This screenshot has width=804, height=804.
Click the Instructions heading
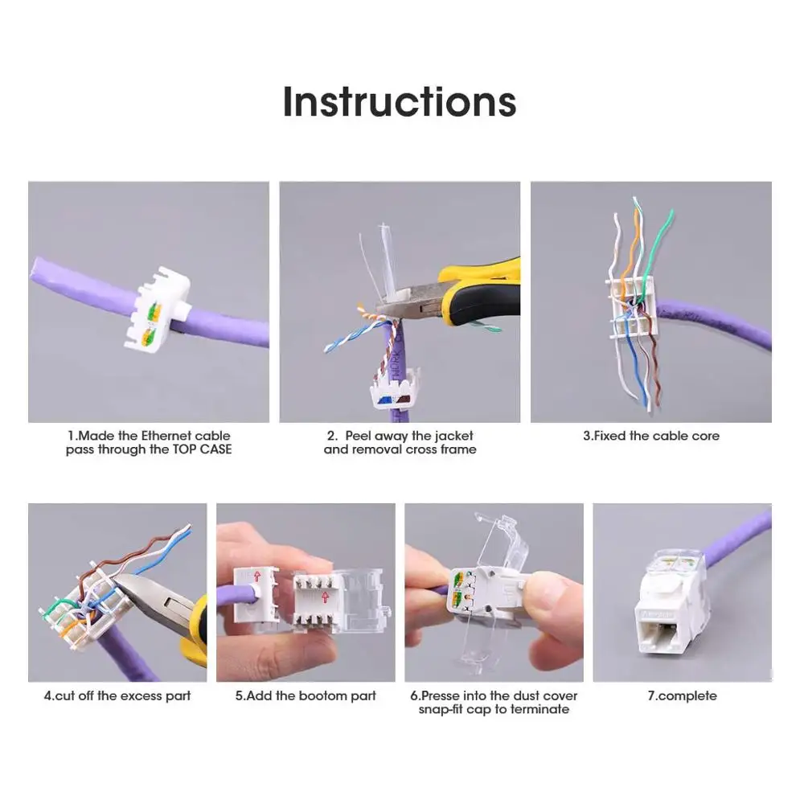point(400,102)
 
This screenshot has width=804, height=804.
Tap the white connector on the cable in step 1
point(158,310)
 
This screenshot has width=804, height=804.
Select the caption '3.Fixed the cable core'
point(650,436)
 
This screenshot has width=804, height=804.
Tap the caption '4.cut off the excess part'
point(117,695)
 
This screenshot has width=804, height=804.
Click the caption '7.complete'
point(682,695)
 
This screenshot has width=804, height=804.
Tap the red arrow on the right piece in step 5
point(325,596)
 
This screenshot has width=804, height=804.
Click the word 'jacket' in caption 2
point(453,436)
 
